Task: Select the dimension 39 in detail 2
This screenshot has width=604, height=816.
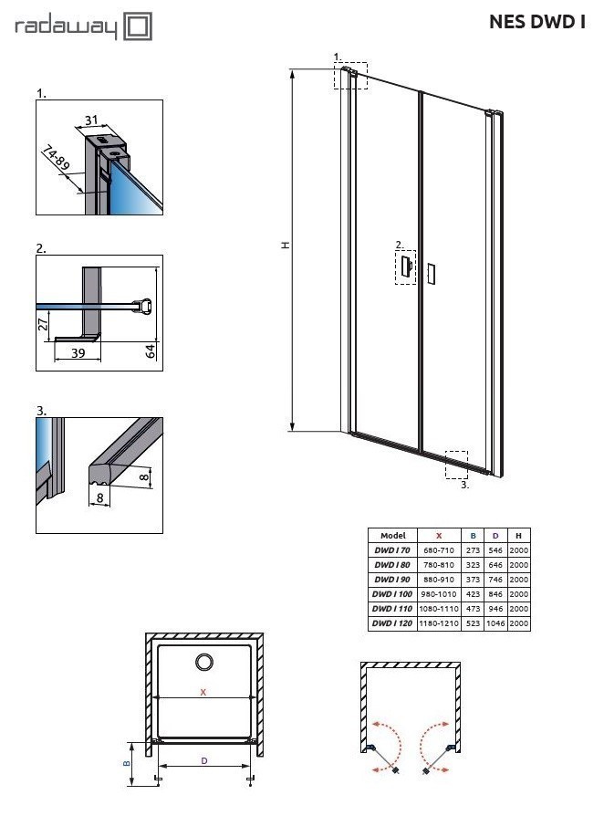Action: coord(78,352)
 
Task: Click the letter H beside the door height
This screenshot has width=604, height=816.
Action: coord(285,245)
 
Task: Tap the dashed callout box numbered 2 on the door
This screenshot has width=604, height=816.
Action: coord(405,267)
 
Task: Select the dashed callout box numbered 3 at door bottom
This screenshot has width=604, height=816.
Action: coord(456,464)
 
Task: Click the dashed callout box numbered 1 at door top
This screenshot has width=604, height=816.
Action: coord(351,75)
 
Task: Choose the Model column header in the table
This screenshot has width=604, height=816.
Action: coord(392,536)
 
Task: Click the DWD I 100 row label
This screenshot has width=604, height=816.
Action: coord(392,594)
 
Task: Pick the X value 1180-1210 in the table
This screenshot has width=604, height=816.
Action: coord(439,623)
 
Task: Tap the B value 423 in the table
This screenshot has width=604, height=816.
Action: coord(473,594)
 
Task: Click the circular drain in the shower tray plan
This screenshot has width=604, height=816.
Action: coord(203,662)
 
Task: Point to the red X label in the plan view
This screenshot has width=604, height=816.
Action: coord(203,692)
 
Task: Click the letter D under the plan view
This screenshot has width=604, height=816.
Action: coord(203,759)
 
